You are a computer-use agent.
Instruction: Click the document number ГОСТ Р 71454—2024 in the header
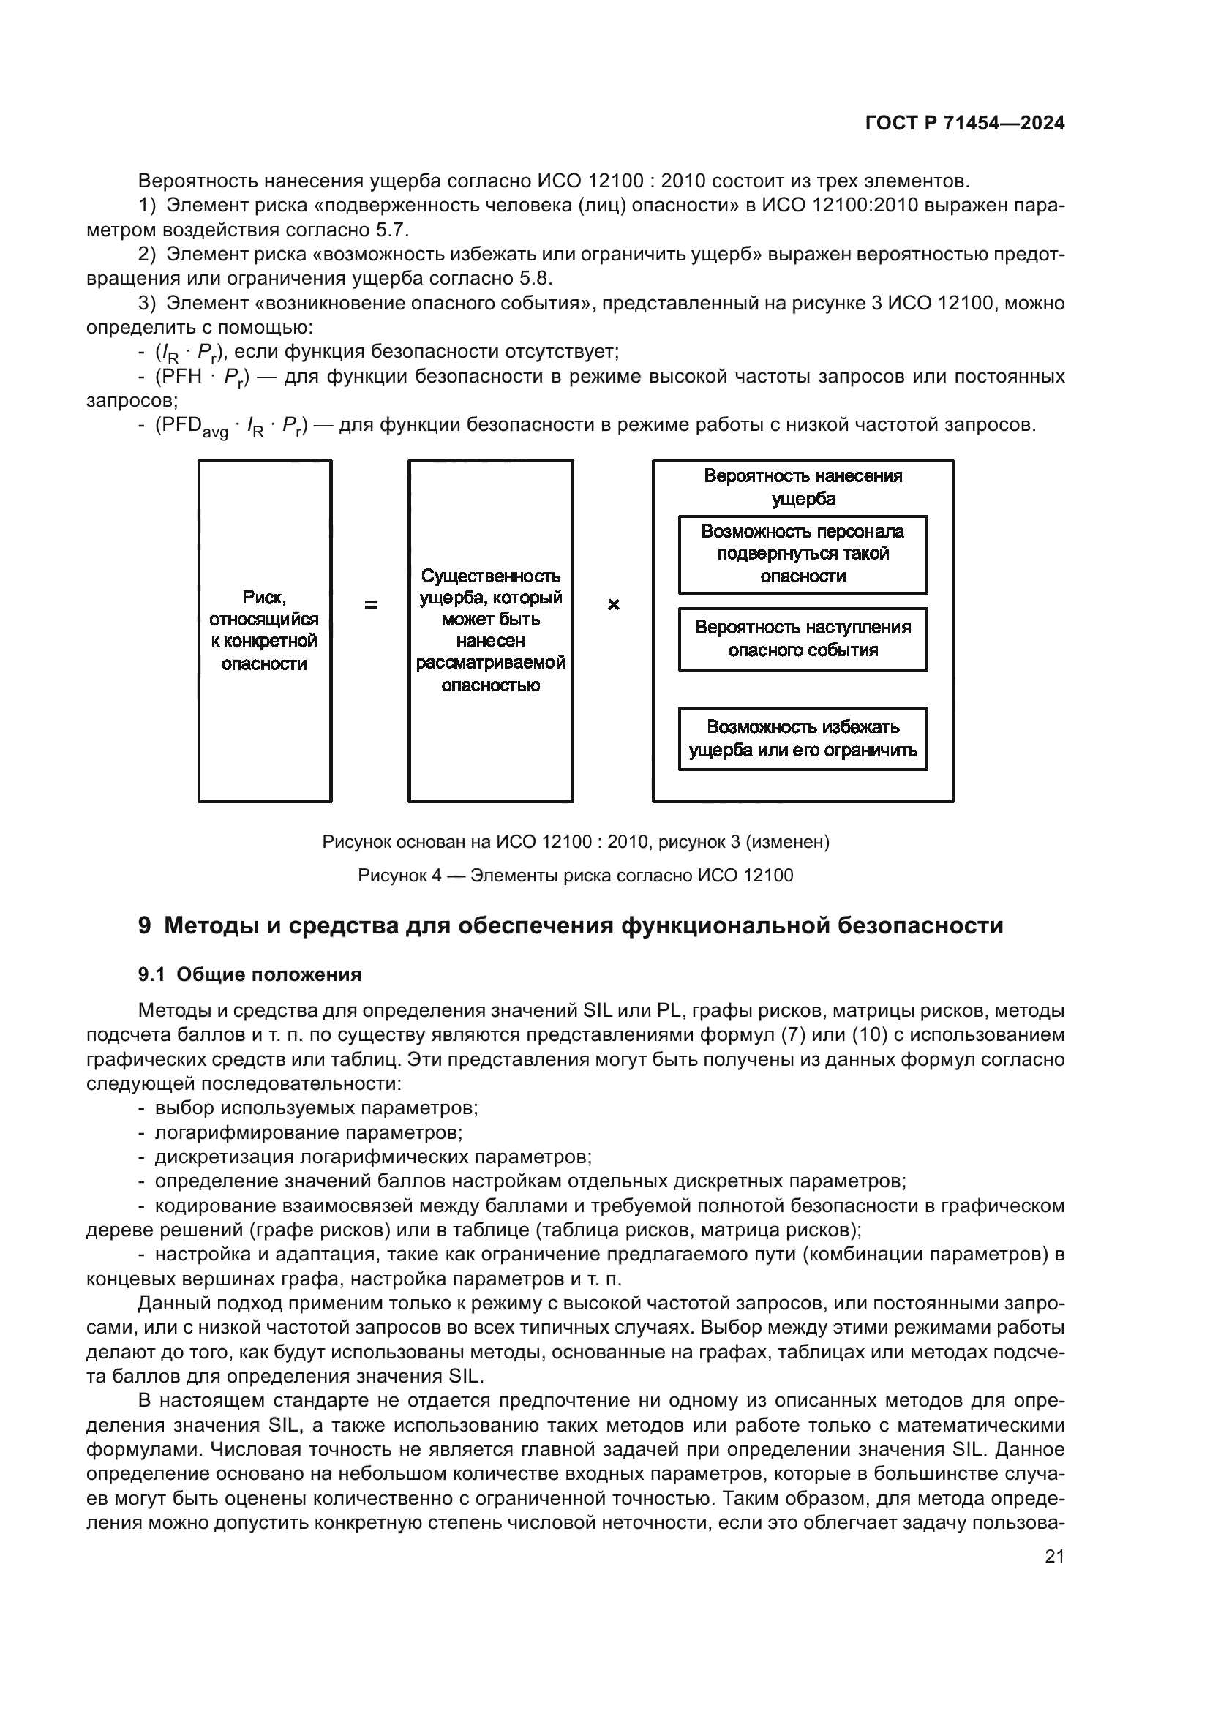964,124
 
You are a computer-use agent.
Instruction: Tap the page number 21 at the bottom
1054,1556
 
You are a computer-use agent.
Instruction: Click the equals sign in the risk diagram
370,605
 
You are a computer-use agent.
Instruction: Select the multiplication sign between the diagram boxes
613,605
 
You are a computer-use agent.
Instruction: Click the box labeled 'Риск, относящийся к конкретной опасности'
265,631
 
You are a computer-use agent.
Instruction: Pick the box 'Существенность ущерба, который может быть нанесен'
490,631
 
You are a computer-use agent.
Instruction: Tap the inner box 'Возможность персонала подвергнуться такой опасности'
803,554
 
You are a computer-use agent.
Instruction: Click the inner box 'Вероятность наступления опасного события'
803,639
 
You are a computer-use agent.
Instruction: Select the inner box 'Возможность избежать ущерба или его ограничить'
803,738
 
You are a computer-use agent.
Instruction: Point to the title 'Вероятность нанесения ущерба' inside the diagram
803,486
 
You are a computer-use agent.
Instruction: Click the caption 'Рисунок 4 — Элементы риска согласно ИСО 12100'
575,875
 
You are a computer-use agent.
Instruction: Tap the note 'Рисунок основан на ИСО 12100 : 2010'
575,841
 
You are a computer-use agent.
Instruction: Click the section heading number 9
145,925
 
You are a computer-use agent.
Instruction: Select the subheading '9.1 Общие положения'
249,974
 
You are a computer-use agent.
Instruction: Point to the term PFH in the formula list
178,376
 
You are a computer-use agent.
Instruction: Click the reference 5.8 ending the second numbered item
533,279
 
